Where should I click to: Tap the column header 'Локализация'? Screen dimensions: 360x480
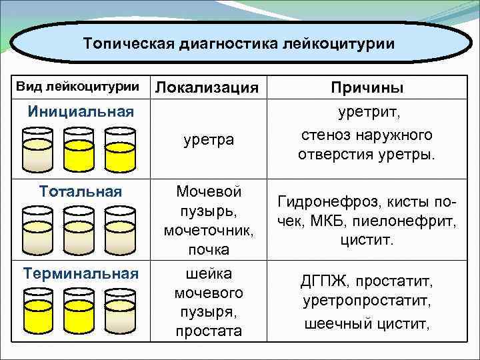pos(207,87)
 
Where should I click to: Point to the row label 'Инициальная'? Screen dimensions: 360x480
pos(81,110)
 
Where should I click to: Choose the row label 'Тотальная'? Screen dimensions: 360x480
pos(81,191)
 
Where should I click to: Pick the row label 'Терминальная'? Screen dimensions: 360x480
pos(81,273)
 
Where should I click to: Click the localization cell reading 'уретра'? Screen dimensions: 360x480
pos(208,140)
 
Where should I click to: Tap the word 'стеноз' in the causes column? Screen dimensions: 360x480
pos(324,135)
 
